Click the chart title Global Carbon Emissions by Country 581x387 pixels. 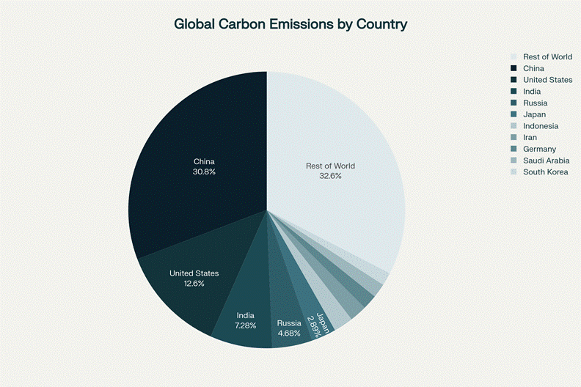(290, 24)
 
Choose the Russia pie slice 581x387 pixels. (282, 308)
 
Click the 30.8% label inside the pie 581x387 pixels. (204, 172)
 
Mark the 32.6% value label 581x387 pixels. (330, 176)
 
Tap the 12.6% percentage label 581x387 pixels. (194, 284)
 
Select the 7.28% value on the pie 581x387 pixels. (246, 326)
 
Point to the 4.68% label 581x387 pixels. (289, 333)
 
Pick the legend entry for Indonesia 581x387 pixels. (540, 126)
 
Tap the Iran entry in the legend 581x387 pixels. (530, 138)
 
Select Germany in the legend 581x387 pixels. (539, 149)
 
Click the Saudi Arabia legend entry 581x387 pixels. (546, 161)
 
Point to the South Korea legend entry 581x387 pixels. (545, 172)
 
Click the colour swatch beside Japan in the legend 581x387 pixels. (514, 114)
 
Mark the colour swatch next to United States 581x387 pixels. (514, 80)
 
